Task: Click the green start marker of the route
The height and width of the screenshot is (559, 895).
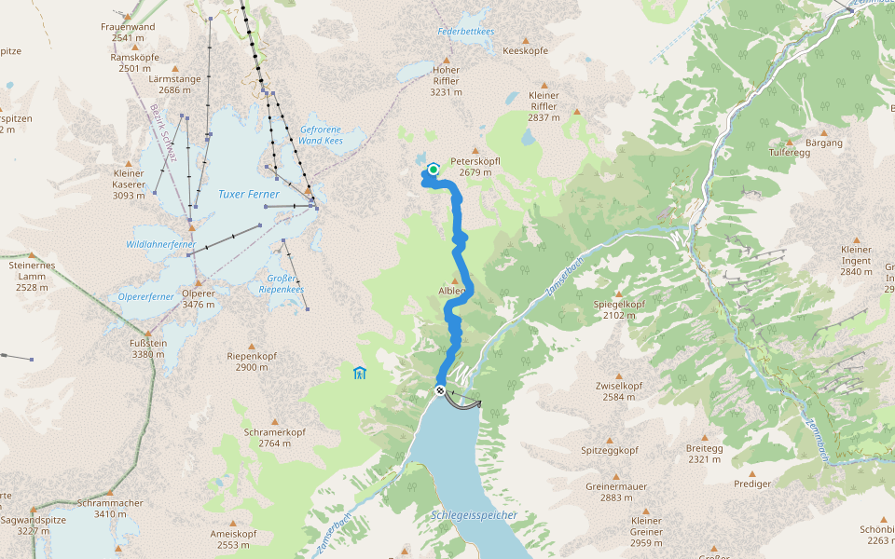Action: point(434,170)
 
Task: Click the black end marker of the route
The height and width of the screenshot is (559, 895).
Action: point(440,389)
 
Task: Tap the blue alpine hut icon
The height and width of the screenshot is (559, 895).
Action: point(360,374)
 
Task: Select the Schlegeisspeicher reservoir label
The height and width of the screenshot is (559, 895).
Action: point(474,515)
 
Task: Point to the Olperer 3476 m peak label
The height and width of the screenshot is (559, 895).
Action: point(199,298)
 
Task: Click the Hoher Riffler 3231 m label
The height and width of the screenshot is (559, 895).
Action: point(446,81)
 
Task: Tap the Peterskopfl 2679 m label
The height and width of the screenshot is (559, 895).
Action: point(475,166)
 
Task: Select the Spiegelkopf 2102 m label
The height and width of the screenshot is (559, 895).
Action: point(619,309)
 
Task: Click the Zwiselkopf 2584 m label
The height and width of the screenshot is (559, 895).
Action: point(619,391)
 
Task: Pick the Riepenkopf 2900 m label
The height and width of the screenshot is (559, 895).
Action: point(252,361)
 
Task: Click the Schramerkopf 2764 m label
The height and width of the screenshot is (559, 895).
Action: point(274,438)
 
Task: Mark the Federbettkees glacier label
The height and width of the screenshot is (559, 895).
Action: point(466,31)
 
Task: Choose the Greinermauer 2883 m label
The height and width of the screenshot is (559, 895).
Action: point(616,492)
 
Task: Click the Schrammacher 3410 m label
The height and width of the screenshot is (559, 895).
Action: point(110,508)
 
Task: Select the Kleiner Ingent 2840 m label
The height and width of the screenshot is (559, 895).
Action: point(856,260)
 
